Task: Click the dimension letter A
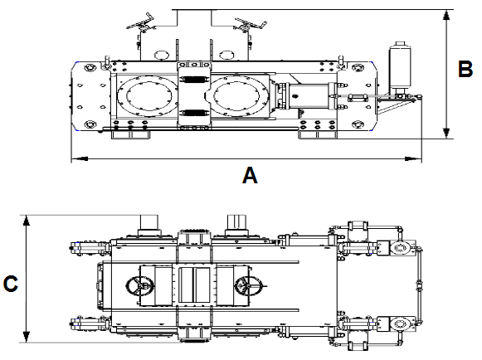click(x=250, y=176)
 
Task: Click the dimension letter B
click(x=465, y=69)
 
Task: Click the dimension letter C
click(x=11, y=284)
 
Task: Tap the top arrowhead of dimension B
click(x=446, y=15)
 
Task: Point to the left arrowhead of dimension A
click(x=80, y=158)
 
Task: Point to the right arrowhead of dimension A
click(x=413, y=158)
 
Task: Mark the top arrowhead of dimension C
click(x=27, y=221)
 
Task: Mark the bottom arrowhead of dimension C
click(x=27, y=337)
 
